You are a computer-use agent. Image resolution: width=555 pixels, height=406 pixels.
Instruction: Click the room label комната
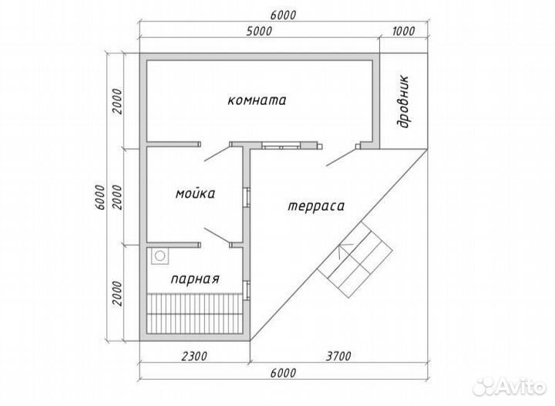tap(257, 100)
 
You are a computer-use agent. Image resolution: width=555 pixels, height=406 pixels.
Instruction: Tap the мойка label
tap(195, 194)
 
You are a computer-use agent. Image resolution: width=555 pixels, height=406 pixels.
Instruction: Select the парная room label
tap(195, 279)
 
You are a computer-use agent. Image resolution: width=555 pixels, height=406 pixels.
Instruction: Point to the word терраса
tap(316, 206)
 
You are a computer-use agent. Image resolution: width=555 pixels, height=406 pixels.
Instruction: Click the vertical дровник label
tap(403, 102)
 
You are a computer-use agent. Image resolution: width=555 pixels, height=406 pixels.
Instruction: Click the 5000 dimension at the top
tap(260, 31)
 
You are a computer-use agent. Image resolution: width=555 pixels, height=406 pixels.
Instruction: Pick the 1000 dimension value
tap(403, 31)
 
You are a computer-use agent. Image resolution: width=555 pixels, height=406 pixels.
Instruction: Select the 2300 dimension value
tap(194, 356)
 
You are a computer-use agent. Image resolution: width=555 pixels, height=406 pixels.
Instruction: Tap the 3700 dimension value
tap(338, 356)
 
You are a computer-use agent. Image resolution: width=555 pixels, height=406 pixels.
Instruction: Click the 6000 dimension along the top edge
tap(283, 15)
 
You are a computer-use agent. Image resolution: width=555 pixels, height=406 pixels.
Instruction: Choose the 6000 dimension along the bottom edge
tap(283, 373)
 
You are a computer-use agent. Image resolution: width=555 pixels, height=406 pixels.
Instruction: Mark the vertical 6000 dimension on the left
tap(100, 198)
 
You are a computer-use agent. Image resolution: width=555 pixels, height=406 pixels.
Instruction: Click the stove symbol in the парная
tap(160, 255)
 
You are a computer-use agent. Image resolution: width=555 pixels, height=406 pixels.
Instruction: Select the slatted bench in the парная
tap(194, 313)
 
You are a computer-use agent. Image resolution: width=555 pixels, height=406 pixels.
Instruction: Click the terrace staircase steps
tap(355, 259)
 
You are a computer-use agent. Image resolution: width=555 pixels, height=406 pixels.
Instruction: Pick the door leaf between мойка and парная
tap(217, 236)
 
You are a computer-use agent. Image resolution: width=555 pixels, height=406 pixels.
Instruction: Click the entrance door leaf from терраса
tap(341, 157)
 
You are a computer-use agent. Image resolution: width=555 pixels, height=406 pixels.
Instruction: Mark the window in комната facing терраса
tap(281, 145)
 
